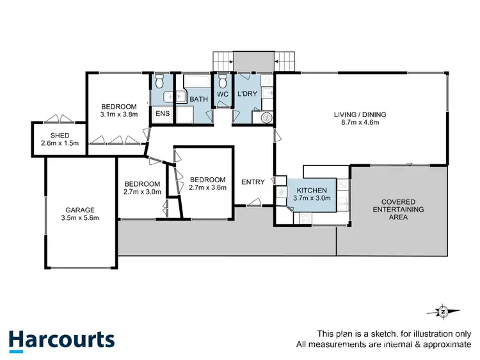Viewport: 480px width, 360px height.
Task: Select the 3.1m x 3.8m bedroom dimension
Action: [119, 115]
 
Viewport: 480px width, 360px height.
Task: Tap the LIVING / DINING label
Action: [360, 115]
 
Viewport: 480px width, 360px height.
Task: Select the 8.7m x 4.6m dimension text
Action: [360, 123]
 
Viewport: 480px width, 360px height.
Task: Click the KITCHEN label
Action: [312, 191]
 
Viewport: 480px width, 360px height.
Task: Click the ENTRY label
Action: [253, 182]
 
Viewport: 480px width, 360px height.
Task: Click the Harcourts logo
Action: [61, 340]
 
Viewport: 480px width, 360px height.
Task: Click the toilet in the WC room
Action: [223, 82]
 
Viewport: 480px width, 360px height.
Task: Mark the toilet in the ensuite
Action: [160, 82]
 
